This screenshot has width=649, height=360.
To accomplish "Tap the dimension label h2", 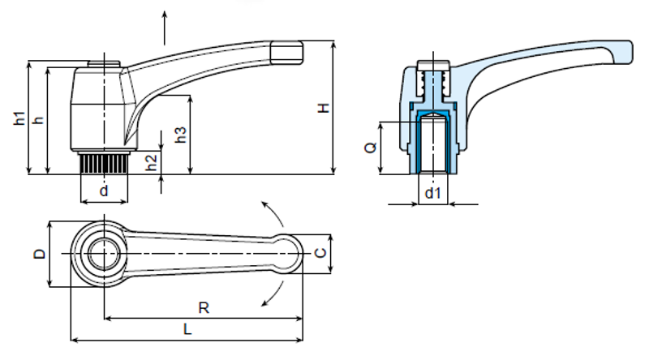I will (151, 161).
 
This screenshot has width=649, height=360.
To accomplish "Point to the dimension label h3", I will (182, 135).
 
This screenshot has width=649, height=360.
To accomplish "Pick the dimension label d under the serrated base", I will (103, 191).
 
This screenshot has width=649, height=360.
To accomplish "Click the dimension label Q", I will (370, 148).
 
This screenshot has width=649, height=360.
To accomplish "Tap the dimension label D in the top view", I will (38, 253).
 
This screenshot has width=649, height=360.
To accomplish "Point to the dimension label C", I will (320, 253).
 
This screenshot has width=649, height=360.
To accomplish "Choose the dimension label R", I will (204, 307).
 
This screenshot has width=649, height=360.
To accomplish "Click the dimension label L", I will (187, 330).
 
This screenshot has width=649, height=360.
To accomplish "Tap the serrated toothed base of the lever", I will (103, 164).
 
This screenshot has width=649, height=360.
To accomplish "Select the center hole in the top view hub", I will (103, 253).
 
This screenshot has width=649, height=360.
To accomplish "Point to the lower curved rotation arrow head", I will (264, 303).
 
